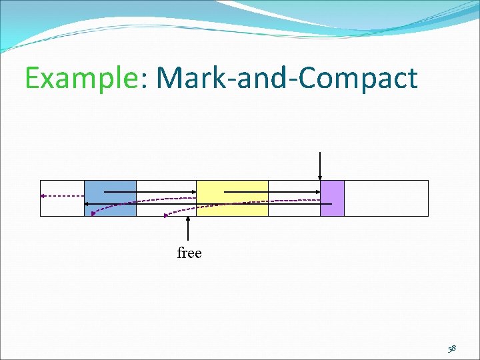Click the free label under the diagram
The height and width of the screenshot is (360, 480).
[x=189, y=253]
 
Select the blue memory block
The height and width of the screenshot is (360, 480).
[x=110, y=198]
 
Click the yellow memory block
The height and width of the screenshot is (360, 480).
[x=232, y=198]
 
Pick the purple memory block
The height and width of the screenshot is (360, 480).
[x=332, y=198]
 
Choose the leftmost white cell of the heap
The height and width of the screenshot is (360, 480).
[x=62, y=207]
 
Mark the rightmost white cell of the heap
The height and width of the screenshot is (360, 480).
[x=386, y=198]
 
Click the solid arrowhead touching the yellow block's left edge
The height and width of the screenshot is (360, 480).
[x=193, y=191]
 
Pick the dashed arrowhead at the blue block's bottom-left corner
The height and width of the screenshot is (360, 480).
[x=94, y=213]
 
